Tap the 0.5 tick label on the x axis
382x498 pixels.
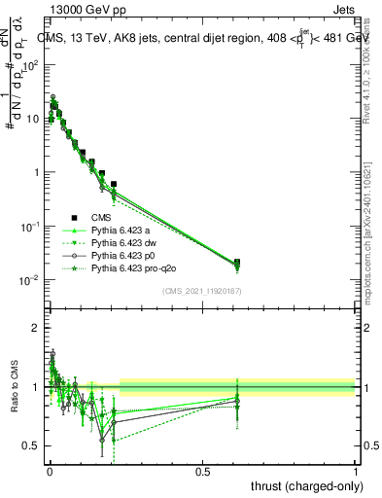[202, 471]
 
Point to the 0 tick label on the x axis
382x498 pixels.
[49, 471]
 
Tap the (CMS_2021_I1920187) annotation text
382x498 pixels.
[202, 290]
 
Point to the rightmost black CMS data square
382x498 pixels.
[347, 263]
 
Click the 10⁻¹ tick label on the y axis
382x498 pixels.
[29, 227]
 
